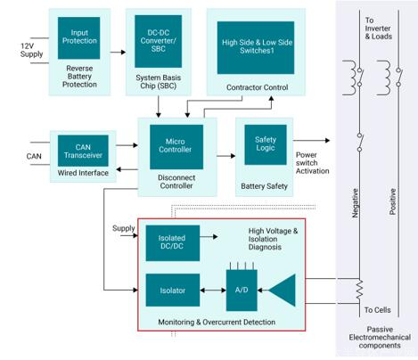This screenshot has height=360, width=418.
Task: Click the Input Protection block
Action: [x=78, y=38]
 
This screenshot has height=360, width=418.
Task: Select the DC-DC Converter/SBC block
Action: [x=158, y=41]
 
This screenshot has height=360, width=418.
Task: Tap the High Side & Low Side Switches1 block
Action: [x=256, y=47]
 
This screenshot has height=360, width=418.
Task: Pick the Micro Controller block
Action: [x=176, y=147]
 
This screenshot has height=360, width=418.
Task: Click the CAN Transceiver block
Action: [x=83, y=151]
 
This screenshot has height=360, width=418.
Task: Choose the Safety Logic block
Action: [x=266, y=144]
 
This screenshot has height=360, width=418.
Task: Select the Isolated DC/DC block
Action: [x=173, y=243]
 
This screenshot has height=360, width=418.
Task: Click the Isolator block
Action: [x=173, y=290]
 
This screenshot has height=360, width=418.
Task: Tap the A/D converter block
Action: [x=242, y=290]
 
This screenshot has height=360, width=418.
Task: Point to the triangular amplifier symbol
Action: [x=283, y=290]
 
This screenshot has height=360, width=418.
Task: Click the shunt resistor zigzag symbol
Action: [x=359, y=290]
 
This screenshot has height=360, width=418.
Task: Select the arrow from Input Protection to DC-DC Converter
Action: [x=118, y=53]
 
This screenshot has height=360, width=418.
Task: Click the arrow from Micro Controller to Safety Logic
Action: [x=226, y=156]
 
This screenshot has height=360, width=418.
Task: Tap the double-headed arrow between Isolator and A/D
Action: [x=213, y=290]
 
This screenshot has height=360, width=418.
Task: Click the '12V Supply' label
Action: [x=31, y=50]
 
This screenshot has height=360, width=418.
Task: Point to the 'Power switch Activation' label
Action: [x=312, y=163]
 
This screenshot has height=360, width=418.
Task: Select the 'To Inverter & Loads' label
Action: [x=378, y=29]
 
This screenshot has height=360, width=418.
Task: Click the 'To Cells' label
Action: [x=377, y=310]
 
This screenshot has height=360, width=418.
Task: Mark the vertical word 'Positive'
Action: [x=393, y=201]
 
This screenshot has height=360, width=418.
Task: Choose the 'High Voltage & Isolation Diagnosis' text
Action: [x=273, y=239]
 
